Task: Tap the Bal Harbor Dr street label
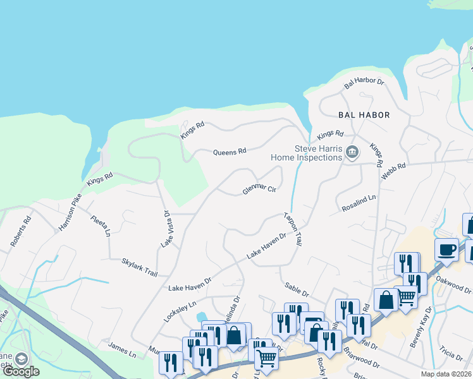pos(364,82)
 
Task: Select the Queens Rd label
pos(229,152)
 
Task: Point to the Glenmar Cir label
pos(259,189)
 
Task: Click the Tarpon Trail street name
pos(293,229)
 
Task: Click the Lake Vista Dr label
pos(166,228)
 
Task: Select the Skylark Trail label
pos(139,267)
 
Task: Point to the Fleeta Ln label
pos(101,226)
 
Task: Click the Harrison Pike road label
pos(70,212)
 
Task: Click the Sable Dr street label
pos(296,290)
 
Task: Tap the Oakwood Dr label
pos(458,285)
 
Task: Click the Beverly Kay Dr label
pos(422,327)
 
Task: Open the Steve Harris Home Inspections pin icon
pos(352,152)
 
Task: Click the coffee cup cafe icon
pos(446,249)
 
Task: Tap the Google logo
pos(21,371)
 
